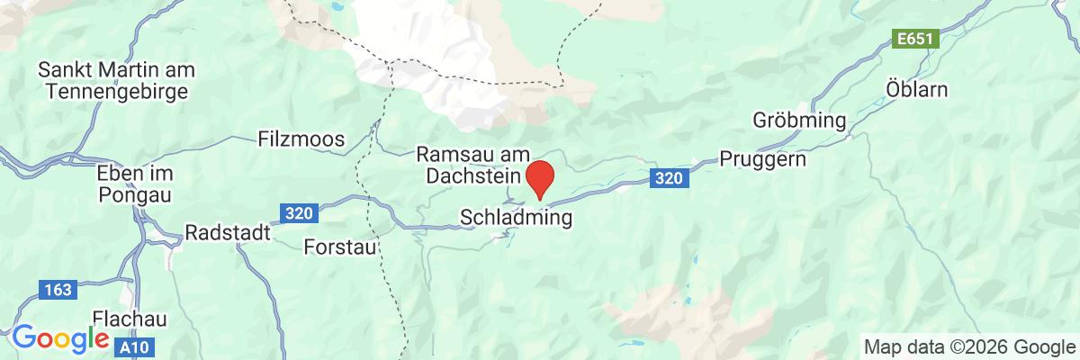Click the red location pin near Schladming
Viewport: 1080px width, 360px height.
point(539,177)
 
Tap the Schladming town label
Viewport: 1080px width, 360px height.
point(517,218)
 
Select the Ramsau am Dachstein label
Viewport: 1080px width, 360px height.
point(473,165)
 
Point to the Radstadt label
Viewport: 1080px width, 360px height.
point(228,232)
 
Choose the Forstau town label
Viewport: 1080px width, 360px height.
point(339,245)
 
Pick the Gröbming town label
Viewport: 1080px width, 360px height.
point(800,121)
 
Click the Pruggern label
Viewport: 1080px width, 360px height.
point(763,158)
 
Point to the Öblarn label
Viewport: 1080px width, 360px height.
point(917,91)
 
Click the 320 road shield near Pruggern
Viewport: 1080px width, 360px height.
point(669,178)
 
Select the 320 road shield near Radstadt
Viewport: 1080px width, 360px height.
point(297,213)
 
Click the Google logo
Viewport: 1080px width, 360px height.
point(59,338)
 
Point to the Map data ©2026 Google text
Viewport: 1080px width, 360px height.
point(964,346)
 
